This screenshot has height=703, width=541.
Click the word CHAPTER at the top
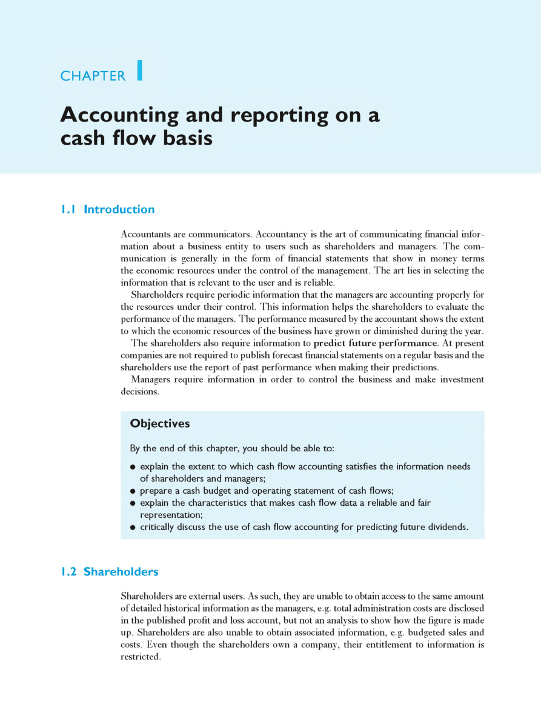click(93, 76)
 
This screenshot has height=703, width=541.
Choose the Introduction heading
click(119, 209)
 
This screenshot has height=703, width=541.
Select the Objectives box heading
click(160, 423)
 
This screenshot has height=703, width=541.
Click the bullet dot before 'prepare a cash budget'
click(133, 491)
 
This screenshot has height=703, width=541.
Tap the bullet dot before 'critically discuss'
click(133, 527)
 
